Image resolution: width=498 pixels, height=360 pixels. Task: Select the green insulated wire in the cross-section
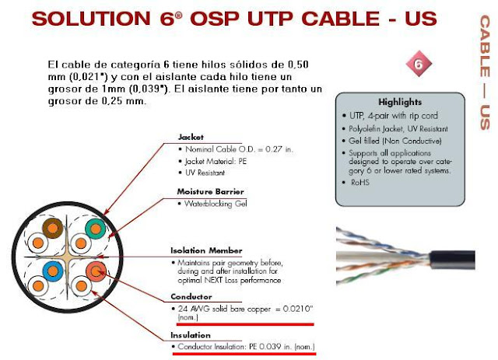click(x=95, y=229)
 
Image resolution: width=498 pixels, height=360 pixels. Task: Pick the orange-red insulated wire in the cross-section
click(x=95, y=271)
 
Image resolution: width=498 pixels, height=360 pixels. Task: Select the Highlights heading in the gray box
click(x=400, y=102)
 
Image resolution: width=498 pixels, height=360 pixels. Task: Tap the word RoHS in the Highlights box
click(x=359, y=182)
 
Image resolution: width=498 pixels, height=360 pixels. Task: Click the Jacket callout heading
click(x=191, y=136)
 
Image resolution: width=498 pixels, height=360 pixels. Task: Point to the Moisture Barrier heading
click(x=210, y=190)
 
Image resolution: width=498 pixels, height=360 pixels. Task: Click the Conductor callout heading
click(x=191, y=296)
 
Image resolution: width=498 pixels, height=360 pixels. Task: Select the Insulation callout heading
click(x=191, y=334)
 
